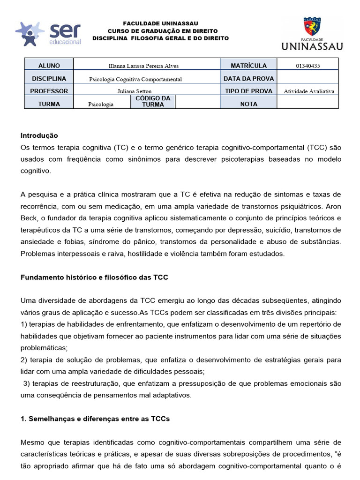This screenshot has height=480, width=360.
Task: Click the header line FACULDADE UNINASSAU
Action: click(x=160, y=23)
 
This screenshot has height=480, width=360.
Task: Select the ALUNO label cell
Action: click(x=49, y=66)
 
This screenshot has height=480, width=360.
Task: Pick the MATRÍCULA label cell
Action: click(x=248, y=66)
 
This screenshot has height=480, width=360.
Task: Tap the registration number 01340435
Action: click(x=308, y=66)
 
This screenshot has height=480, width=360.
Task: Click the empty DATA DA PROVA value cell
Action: click(x=308, y=79)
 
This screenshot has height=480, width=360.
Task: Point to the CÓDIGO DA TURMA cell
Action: click(x=153, y=102)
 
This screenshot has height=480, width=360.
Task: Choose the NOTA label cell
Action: click(x=248, y=104)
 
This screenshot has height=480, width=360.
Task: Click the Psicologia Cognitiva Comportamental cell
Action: click(x=135, y=79)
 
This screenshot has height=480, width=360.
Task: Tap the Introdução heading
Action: click(x=39, y=135)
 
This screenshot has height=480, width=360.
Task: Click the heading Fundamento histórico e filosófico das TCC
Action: click(x=94, y=277)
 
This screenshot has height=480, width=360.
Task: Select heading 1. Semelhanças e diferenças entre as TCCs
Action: click(x=95, y=419)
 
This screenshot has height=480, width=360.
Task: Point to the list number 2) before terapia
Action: click(x=24, y=360)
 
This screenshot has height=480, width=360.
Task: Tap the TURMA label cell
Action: click(x=49, y=104)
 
